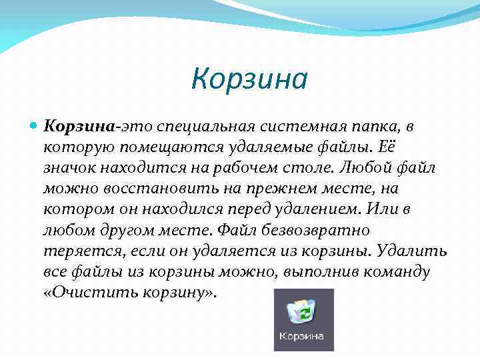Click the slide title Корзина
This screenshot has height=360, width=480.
click(x=249, y=79)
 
